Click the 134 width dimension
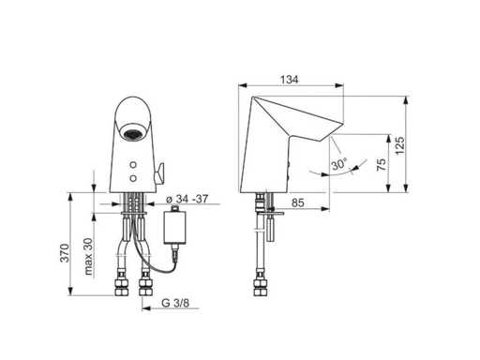pos(289,80)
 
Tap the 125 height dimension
pos(399,145)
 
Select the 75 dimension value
pos(382,165)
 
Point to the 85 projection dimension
pos(297,202)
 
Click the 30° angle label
pos(339,164)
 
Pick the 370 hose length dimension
pos(65,253)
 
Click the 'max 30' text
pos(89,256)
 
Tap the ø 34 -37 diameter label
pos(187,199)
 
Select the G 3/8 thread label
pos(175,303)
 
